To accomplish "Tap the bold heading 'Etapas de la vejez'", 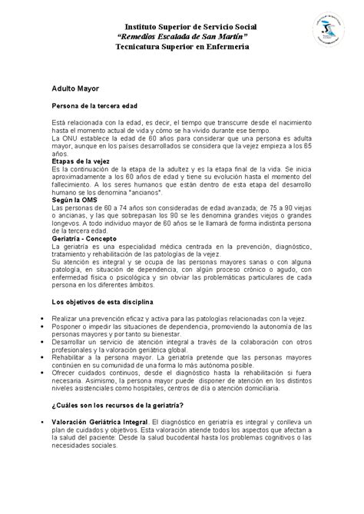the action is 78,162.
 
